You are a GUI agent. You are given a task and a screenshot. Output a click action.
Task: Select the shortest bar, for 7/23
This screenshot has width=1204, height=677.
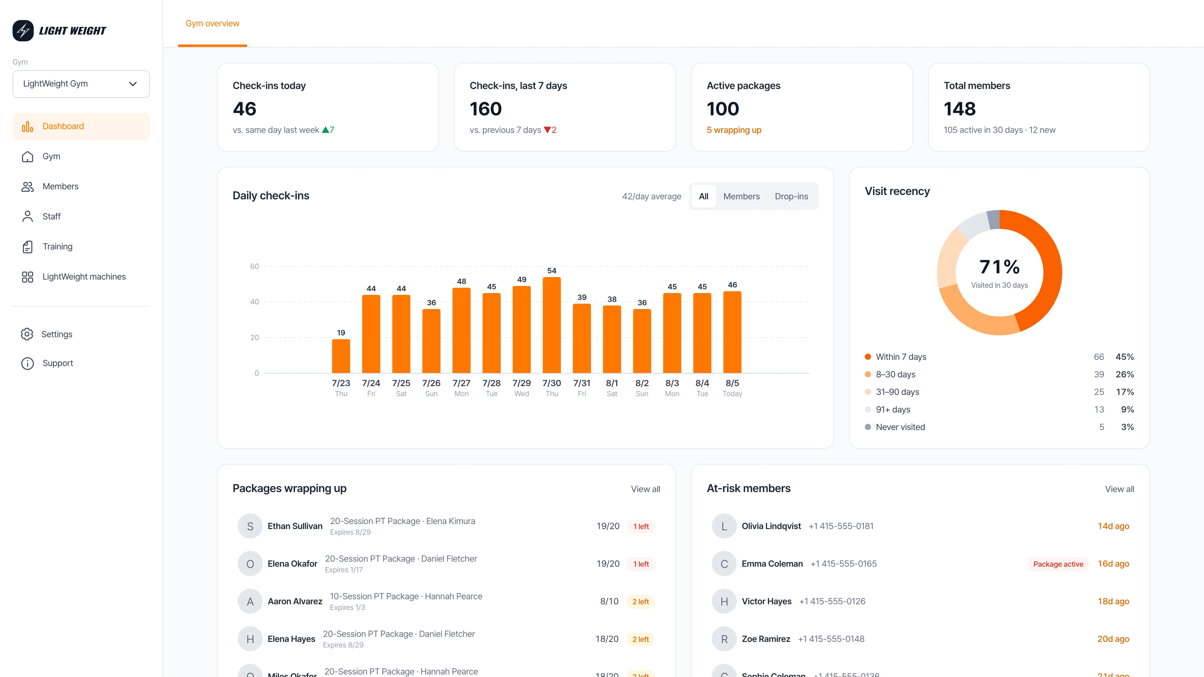(x=341, y=356)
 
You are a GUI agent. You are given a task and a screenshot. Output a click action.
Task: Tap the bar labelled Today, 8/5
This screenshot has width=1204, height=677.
(x=732, y=332)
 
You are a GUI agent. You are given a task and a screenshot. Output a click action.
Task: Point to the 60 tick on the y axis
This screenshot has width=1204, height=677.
(x=254, y=266)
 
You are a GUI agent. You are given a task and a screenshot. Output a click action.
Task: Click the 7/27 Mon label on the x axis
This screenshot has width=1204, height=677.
(x=461, y=388)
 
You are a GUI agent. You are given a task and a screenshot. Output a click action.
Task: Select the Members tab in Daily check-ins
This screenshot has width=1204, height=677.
(x=741, y=196)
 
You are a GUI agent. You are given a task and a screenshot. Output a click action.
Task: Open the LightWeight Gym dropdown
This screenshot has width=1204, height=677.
(x=81, y=84)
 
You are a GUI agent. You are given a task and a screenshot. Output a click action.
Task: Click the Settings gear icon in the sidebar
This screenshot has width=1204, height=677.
(x=27, y=334)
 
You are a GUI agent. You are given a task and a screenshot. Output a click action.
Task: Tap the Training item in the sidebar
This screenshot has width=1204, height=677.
(x=57, y=246)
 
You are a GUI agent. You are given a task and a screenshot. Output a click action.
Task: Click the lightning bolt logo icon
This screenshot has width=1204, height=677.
(x=23, y=31)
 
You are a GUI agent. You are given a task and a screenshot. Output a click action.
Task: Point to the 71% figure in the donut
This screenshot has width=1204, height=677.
(x=999, y=267)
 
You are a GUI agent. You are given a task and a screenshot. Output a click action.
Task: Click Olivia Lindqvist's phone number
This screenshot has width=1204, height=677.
(x=841, y=526)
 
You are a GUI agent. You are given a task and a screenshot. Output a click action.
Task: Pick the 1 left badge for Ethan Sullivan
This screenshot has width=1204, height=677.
(x=641, y=527)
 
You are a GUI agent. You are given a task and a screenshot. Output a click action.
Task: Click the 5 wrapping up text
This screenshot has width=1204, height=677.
(x=734, y=130)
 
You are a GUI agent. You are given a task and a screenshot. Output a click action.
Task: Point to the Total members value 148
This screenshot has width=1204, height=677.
(x=959, y=109)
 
